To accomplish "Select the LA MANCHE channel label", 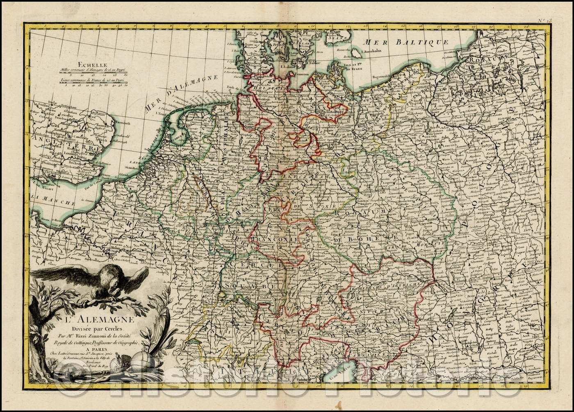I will pyautogui.click(x=53, y=200).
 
